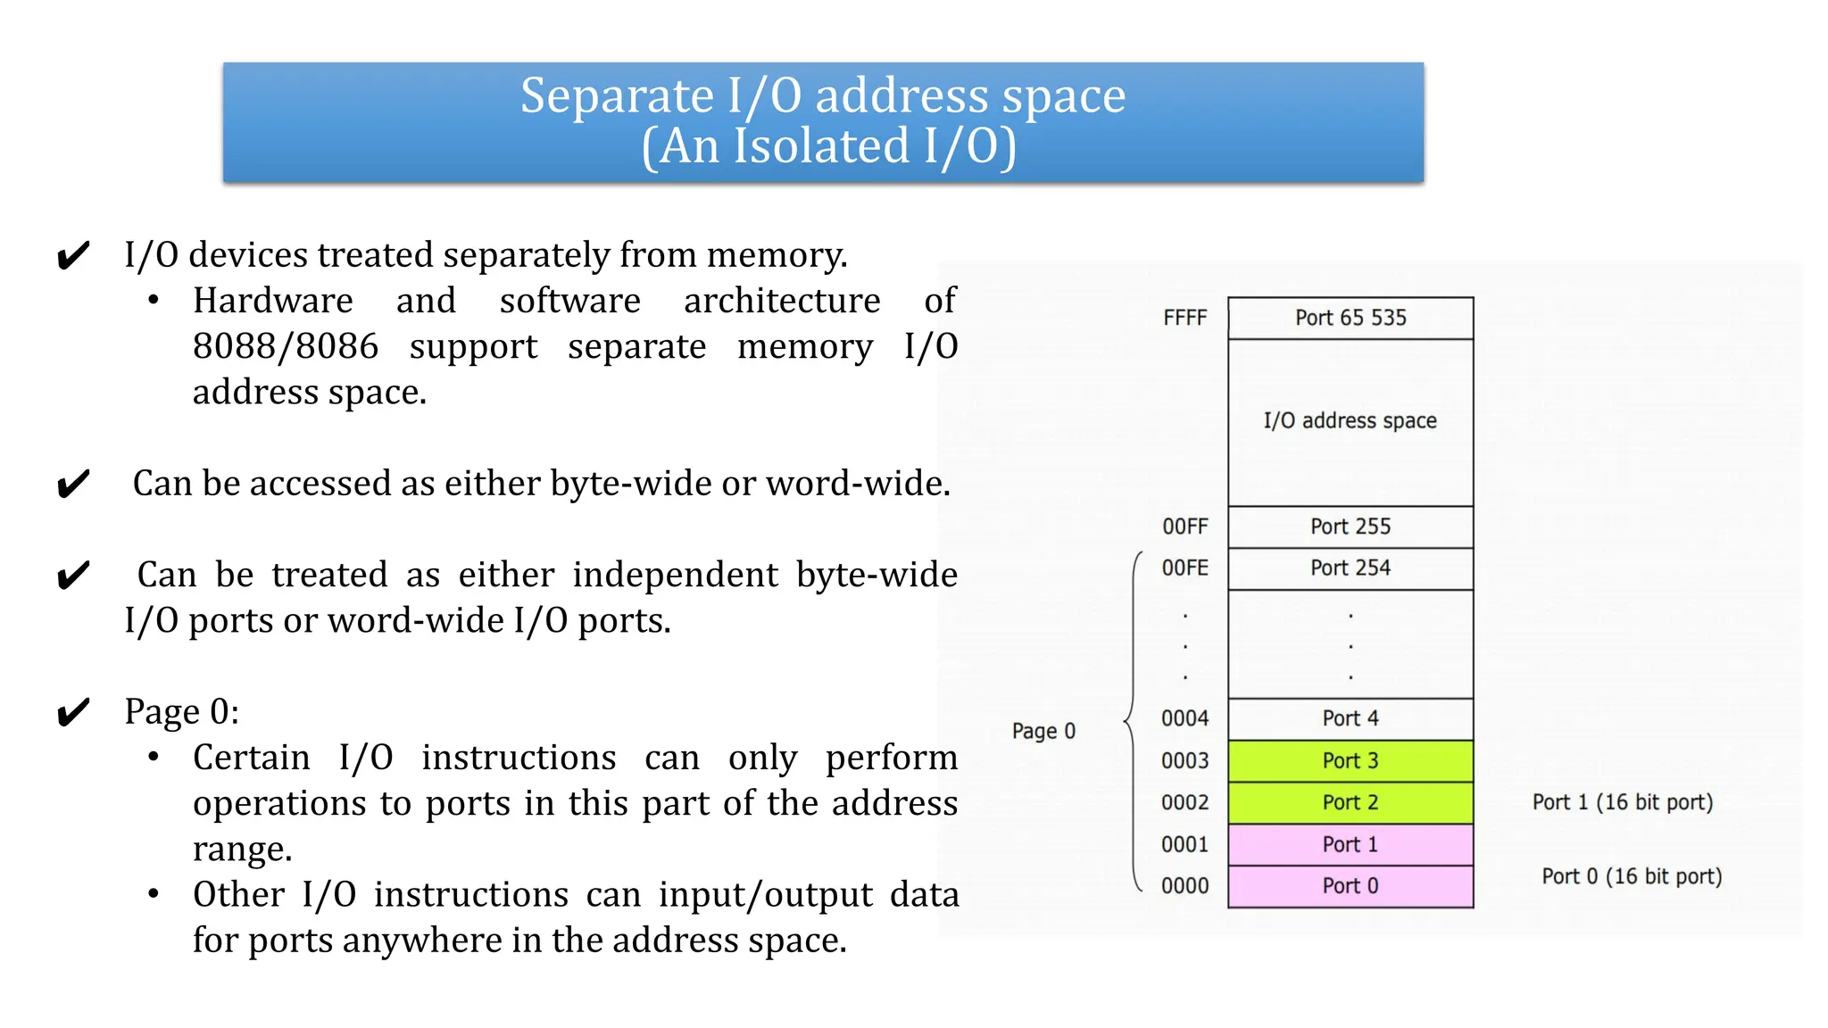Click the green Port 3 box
(1350, 760)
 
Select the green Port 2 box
(1350, 802)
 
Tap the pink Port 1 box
(1350, 844)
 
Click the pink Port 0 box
(1350, 886)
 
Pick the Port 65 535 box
(1350, 318)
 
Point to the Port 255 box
(1350, 526)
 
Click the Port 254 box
(1350, 568)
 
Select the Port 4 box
(1350, 718)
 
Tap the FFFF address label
(1184, 318)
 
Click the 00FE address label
(1184, 568)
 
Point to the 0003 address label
(1184, 760)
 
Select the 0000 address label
(1184, 886)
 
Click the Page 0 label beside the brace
(1043, 732)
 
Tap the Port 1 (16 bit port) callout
(1622, 802)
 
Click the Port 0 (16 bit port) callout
(1631, 876)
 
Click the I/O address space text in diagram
(1350, 420)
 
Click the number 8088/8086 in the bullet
(286, 346)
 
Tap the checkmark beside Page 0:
(73, 712)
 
